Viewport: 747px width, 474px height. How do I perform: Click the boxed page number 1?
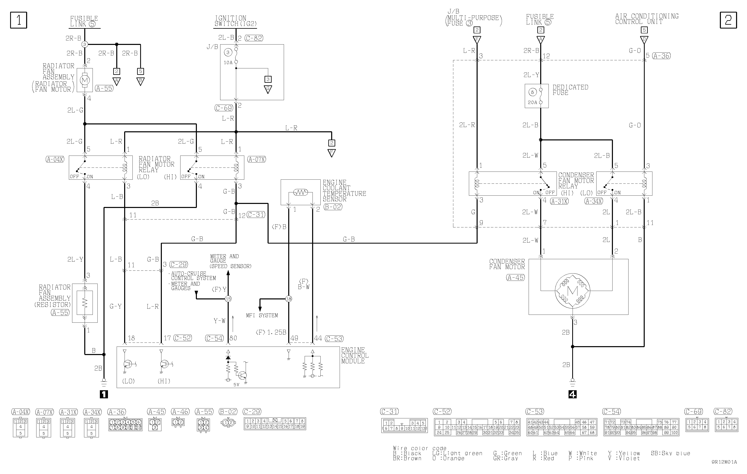pos(19,20)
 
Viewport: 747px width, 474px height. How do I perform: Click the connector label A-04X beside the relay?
pos(55,160)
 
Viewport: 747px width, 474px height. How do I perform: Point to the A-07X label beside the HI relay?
pos(257,160)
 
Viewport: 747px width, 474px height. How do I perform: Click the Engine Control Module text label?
pos(355,355)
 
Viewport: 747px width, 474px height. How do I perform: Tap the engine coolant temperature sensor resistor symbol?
pos(301,192)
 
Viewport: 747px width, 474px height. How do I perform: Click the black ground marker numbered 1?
pos(104,394)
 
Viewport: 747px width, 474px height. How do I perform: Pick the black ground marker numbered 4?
pos(572,394)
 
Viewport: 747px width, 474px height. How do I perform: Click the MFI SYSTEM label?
pos(262,315)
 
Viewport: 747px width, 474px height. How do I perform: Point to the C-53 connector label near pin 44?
pos(334,339)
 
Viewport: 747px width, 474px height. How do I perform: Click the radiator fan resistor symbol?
pos(85,303)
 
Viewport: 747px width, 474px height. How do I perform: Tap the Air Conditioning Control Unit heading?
pos(647,19)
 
